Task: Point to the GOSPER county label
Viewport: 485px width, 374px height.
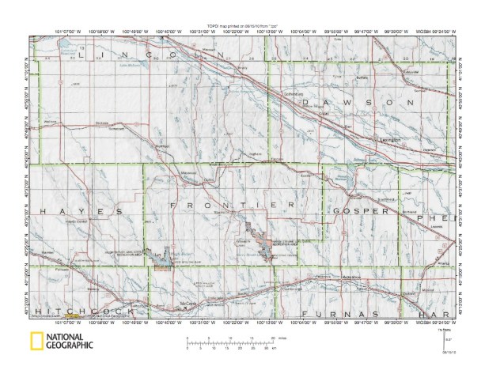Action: [361, 211]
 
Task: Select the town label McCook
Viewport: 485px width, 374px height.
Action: [187, 304]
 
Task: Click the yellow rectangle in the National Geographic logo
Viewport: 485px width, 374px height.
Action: [36, 342]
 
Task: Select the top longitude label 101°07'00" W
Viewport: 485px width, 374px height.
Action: [60, 31]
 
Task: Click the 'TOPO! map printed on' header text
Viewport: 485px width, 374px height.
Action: [242, 25]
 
